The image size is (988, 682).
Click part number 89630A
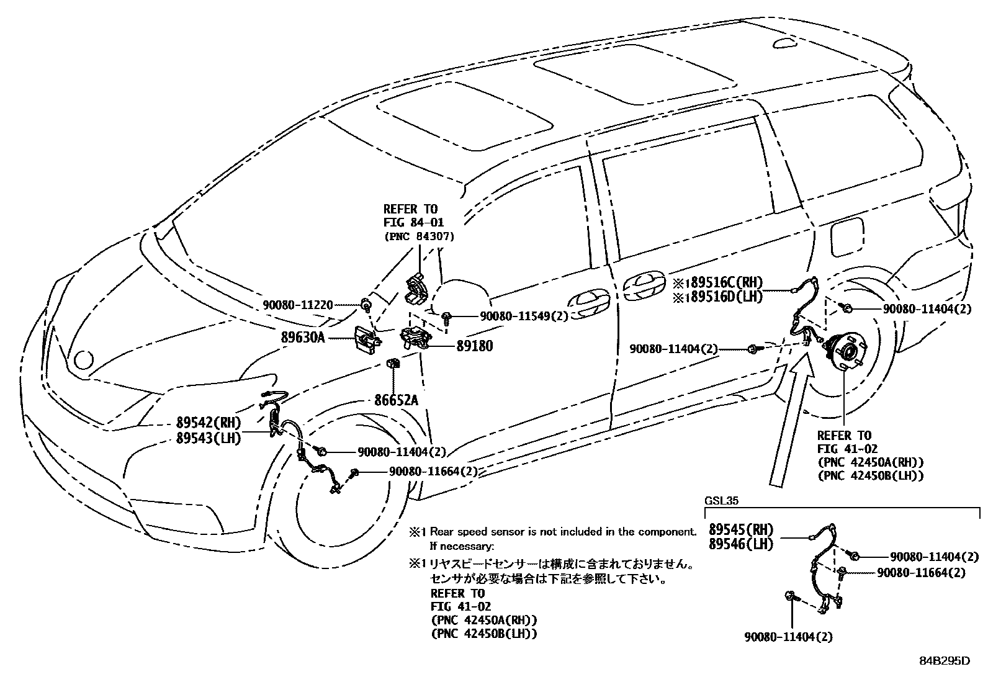303,338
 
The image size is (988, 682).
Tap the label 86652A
396,400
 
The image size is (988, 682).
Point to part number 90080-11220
297,305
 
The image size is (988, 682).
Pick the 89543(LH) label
208,437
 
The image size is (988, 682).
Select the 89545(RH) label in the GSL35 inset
741,530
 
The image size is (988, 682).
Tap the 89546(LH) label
741,544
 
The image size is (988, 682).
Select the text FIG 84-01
413,222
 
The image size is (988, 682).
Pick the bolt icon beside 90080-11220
367,304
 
